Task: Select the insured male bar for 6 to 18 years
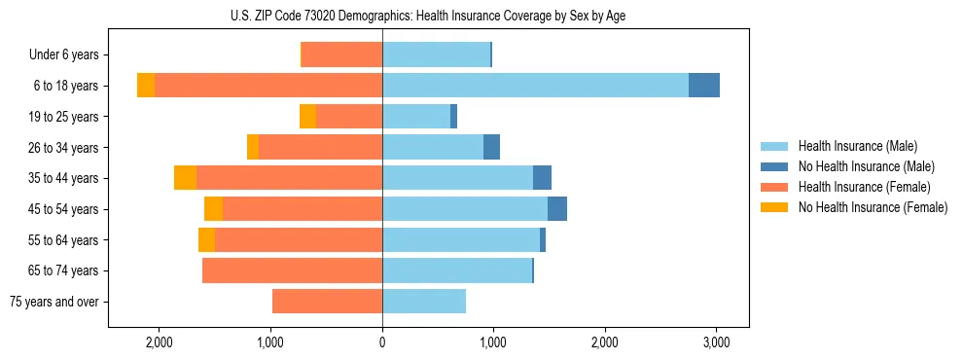pos(535,86)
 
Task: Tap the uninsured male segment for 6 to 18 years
pos(704,86)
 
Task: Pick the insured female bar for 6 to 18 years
pos(268,86)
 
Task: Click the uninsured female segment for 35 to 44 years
pos(185,178)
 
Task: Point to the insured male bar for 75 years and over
pos(424,302)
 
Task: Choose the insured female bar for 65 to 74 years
pos(292,270)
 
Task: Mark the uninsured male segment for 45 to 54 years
pos(557,209)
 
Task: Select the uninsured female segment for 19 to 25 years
pos(307,117)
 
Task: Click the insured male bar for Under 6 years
pos(436,54)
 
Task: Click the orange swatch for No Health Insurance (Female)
pos(775,207)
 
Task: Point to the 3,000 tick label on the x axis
pos(716,342)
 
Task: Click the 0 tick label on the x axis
pos(382,342)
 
